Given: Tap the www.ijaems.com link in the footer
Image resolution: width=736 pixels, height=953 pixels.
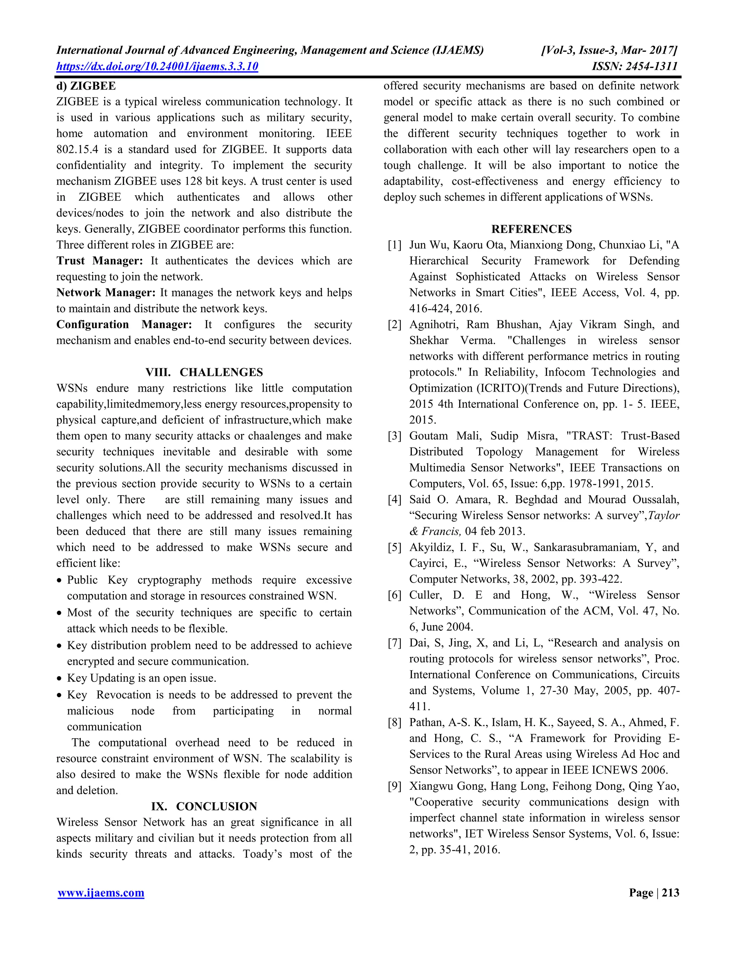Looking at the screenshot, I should point(101,893).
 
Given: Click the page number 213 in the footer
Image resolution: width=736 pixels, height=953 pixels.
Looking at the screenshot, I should point(670,893).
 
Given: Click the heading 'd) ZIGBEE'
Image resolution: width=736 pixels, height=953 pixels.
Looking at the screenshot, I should point(86,86).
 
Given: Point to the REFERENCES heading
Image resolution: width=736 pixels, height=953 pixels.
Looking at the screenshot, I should point(531,229).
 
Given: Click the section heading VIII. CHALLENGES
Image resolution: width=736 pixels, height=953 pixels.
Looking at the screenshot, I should point(204,372).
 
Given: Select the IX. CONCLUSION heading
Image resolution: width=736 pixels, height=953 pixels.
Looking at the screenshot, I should point(204,806).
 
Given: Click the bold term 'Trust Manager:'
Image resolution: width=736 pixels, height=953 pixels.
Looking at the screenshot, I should point(100,261).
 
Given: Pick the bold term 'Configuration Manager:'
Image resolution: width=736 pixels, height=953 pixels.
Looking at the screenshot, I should point(124,325).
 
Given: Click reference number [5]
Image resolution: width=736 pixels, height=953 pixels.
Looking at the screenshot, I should point(394,548).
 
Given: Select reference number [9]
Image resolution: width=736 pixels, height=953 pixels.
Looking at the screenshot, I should point(394,786).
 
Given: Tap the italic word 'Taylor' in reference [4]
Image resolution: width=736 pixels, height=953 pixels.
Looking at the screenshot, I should point(664,516).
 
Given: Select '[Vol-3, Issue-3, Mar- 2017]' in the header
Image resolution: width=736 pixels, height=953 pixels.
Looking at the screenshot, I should point(609,50).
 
